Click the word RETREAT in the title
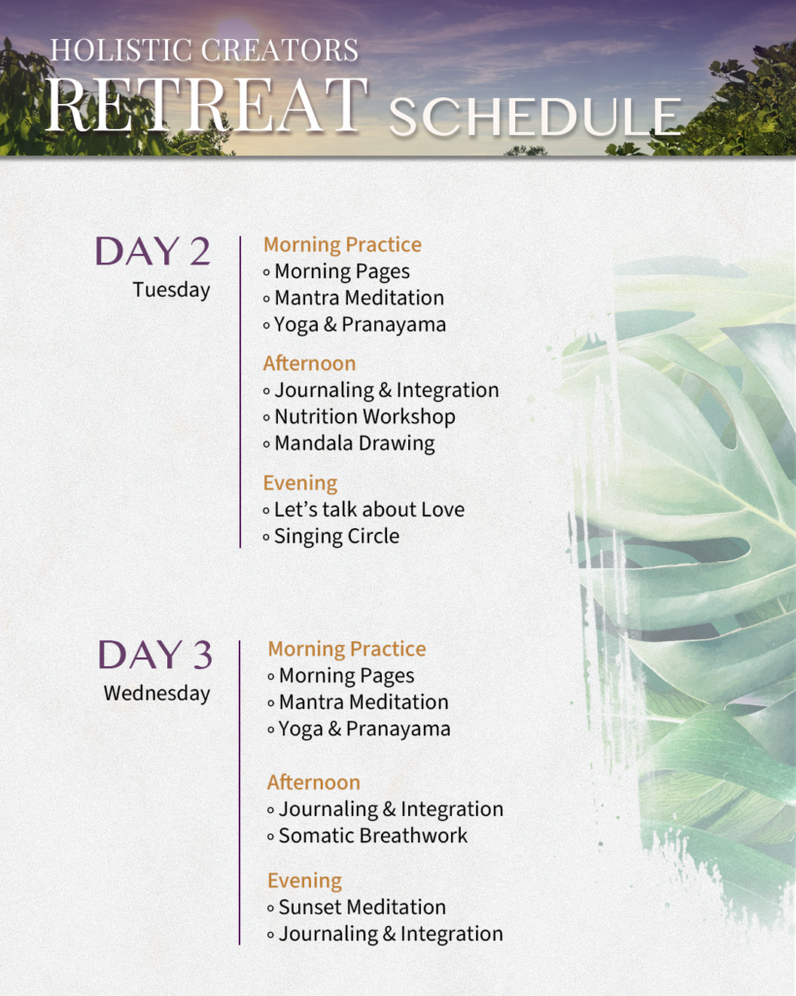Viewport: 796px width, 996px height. (206, 105)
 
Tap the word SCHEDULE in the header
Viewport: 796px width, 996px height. (535, 118)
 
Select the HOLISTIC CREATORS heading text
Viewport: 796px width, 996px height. (204, 50)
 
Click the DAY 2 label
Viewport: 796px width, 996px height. (153, 252)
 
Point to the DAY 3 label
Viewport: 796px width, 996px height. (155, 656)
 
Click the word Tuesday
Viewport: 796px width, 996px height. (171, 290)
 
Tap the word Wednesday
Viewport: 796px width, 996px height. (156, 694)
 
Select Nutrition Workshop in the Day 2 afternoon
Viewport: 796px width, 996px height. (364, 416)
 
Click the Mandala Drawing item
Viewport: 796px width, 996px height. (354, 444)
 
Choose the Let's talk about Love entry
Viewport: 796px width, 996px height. (368, 510)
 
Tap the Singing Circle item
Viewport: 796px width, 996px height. (336, 536)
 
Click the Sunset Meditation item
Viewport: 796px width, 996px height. (362, 907)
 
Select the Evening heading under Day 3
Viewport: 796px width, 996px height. (304, 881)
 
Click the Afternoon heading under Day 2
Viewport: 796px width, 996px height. (309, 364)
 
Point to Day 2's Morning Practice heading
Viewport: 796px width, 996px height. (342, 245)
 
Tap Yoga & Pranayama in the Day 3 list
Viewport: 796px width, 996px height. (364, 729)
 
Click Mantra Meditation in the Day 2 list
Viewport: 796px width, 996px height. (359, 298)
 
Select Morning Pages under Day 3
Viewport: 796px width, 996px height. (346, 676)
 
